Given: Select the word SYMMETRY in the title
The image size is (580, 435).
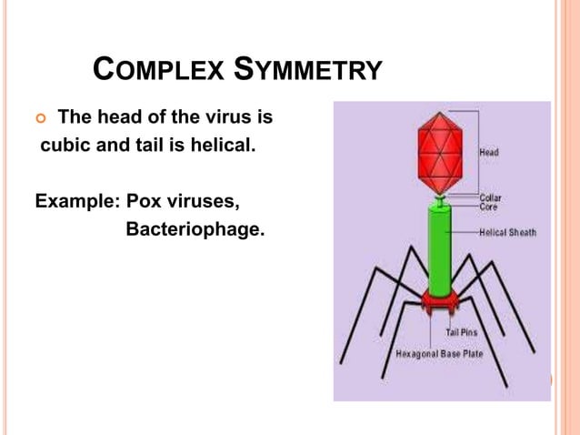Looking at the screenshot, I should pyautogui.click(x=308, y=70).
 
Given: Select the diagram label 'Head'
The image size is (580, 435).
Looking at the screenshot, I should pyautogui.click(x=491, y=153).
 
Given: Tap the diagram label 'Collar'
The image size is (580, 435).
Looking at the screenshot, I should pyautogui.click(x=490, y=197).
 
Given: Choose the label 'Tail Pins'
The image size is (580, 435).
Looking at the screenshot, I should pyautogui.click(x=462, y=333).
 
